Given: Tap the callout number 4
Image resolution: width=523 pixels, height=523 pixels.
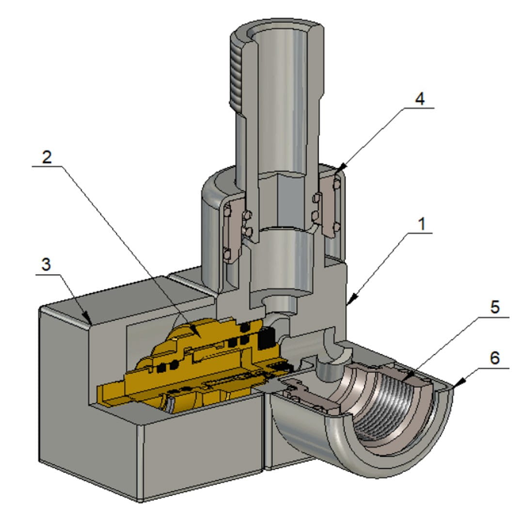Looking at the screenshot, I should (x=420, y=98).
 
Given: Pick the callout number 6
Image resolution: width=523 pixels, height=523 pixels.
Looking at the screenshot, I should (x=494, y=359).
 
